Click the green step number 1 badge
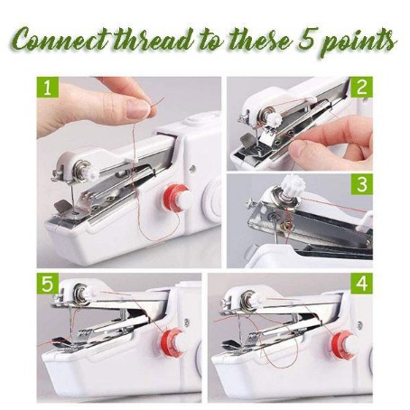pyautogui.click(x=48, y=88)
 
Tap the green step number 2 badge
pyautogui.click(x=361, y=88)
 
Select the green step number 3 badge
pyautogui.click(x=361, y=184)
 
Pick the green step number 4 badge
pyautogui.click(x=361, y=284)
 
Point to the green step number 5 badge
pyautogui.click(x=48, y=284)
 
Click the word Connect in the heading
pyautogui.click(x=61, y=40)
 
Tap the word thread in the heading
pyautogui.click(x=153, y=39)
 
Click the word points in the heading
pyautogui.click(x=359, y=42)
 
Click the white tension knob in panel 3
pyautogui.click(x=292, y=182)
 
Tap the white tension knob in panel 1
pyautogui.click(x=93, y=174)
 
